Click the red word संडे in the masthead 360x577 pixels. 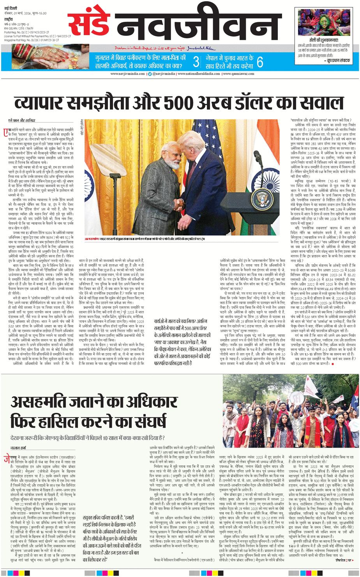89,25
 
